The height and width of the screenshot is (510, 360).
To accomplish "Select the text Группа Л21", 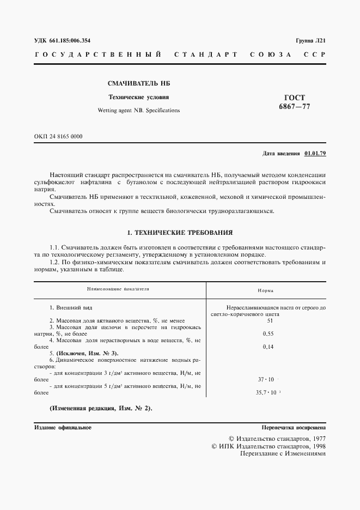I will [310, 41].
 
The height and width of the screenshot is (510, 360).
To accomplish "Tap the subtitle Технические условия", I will [133, 98].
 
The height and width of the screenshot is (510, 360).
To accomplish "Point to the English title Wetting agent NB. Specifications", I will [138, 110].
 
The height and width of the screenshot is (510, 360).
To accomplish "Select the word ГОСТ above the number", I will [294, 97].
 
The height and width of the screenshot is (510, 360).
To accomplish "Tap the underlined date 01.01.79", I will [315, 153].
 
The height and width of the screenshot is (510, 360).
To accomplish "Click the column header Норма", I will [266, 291].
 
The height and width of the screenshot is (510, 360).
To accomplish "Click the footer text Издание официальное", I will [63, 428].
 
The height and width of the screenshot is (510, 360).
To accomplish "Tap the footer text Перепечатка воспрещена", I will [293, 428].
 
